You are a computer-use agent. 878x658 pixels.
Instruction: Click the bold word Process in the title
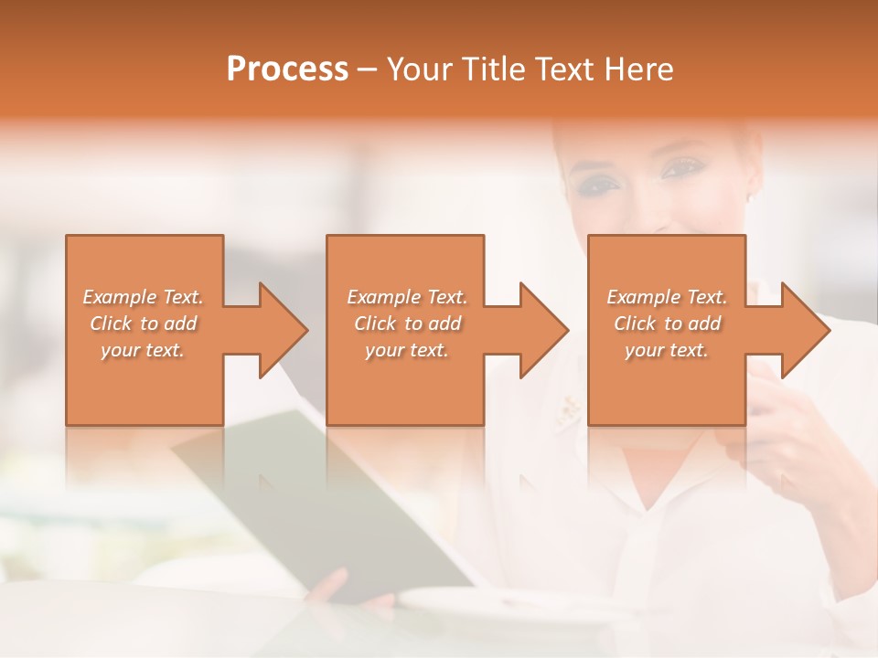coord(287,69)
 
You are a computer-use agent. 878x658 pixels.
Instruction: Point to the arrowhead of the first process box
coord(283,330)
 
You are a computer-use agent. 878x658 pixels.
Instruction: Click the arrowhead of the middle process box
coord(543,330)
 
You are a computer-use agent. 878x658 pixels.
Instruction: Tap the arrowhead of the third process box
coord(805,330)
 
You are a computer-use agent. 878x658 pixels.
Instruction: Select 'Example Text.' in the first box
coord(143,297)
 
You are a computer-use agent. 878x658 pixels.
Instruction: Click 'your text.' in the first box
coord(143,350)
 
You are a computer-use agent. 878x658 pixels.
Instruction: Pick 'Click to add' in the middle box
coord(407,324)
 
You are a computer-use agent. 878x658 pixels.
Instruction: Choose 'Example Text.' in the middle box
coord(407,297)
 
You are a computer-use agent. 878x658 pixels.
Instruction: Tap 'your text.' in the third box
coord(667,350)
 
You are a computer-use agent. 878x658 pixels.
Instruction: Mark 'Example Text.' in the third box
coord(667,297)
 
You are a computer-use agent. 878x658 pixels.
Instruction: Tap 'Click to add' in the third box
coord(667,324)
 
